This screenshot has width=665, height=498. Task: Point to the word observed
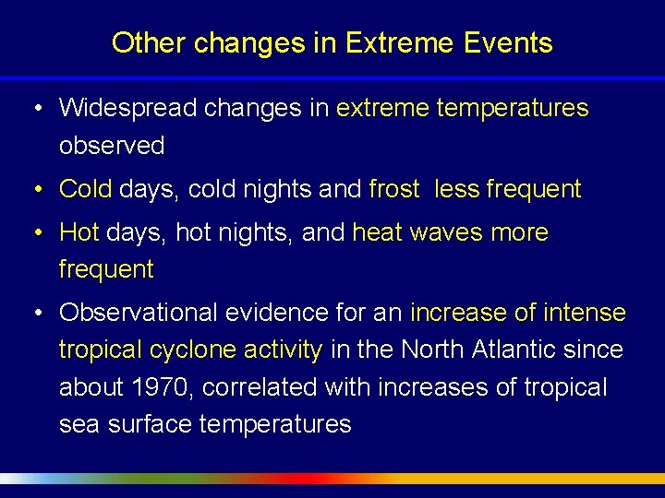click(112, 146)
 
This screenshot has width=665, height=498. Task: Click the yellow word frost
click(393, 189)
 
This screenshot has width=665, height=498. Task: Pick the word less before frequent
click(456, 189)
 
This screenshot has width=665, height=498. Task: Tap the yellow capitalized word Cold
click(85, 189)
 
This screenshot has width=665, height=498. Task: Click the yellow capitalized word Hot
click(79, 232)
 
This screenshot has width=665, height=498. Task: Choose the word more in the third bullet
click(519, 232)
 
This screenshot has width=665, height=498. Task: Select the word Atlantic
click(508, 350)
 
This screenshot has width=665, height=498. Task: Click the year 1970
click(159, 387)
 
